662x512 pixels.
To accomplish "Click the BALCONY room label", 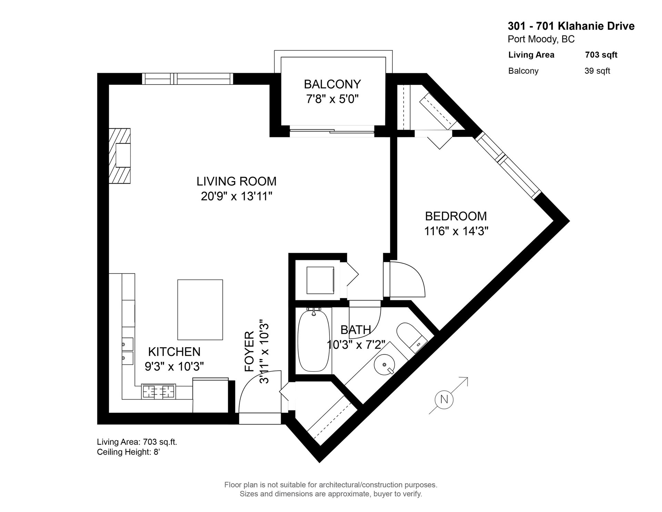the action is point(332,84).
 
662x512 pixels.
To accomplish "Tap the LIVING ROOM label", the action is point(237,181).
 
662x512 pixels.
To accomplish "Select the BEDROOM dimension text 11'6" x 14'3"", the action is point(456,231).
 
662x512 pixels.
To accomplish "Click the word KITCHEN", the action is point(174,352).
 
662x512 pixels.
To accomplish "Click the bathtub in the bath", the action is point(314,345).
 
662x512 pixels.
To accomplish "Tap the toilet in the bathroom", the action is point(411,337).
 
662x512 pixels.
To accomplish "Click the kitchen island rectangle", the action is point(200,309).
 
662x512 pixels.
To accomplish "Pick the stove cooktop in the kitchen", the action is point(159,392).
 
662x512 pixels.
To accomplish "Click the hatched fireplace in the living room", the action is point(120,156).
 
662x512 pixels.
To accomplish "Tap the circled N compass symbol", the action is point(444,399).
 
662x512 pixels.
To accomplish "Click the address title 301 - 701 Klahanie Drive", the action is point(571,26).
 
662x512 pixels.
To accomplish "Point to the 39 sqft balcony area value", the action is point(597,71).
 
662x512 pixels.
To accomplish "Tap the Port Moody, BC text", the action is point(541,40).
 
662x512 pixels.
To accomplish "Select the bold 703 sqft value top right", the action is point(601,55).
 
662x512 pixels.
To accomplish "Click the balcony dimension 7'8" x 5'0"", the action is point(332,99).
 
